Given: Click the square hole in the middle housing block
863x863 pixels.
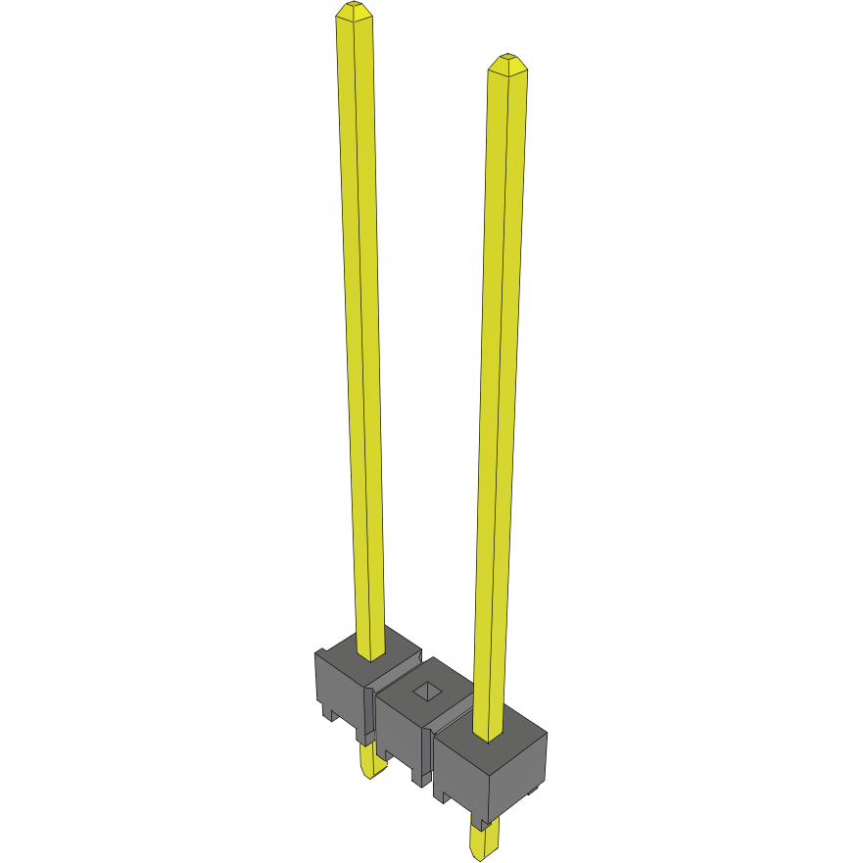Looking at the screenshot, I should click(x=429, y=692).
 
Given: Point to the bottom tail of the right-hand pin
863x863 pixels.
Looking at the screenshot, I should click(x=484, y=840).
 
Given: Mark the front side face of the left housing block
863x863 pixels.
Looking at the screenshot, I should click(x=338, y=686).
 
